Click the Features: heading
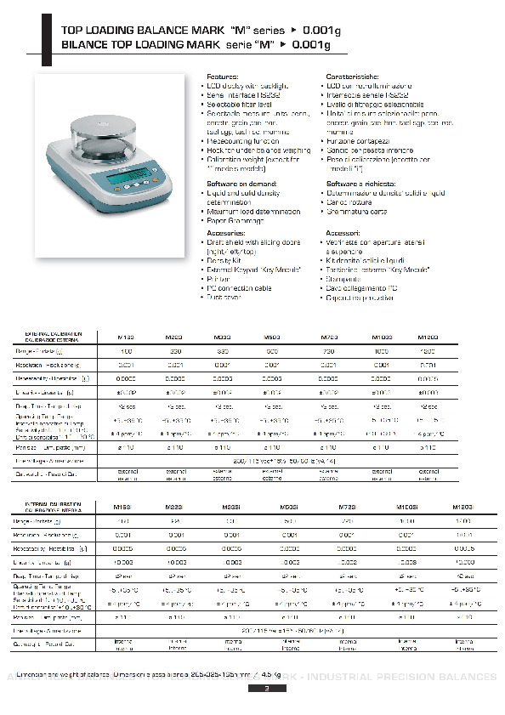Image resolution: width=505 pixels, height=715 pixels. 223,77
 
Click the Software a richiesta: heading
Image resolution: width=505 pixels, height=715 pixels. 360,183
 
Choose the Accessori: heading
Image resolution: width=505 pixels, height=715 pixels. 344,232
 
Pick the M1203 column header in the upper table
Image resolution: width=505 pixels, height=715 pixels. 428,337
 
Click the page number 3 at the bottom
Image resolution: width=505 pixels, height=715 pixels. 266,689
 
